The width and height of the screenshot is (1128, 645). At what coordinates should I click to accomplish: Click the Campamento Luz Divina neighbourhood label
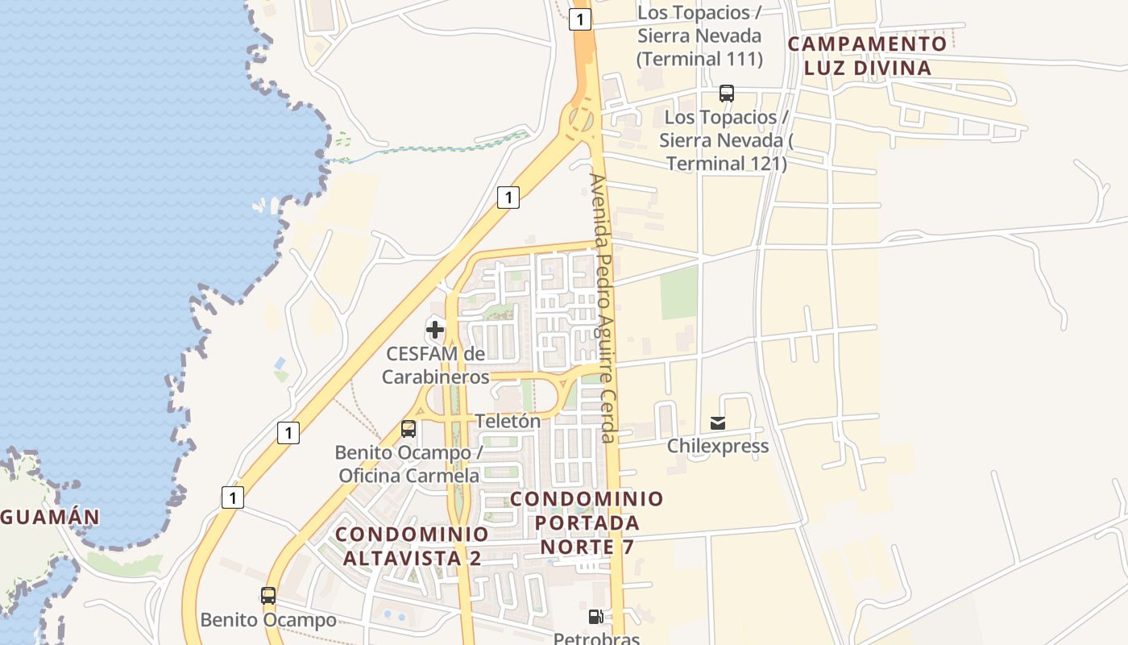(867, 56)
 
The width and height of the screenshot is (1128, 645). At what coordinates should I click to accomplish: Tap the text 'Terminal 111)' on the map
(699, 59)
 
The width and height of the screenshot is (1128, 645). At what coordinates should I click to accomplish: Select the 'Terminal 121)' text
(726, 164)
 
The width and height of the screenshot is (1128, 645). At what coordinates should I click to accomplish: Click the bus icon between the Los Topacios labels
(727, 94)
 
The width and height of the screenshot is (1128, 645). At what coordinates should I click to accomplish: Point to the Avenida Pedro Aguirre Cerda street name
(603, 307)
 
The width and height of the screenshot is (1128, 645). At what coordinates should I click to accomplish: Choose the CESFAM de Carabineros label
(435, 365)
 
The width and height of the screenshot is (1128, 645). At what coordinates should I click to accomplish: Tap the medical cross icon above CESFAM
(435, 329)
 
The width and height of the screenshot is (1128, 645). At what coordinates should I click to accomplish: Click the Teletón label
(508, 421)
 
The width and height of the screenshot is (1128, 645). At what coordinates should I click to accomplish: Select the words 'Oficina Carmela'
(408, 476)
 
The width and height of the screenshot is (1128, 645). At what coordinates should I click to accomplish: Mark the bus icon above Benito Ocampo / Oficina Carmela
(408, 429)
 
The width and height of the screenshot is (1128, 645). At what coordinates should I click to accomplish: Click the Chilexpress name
(718, 446)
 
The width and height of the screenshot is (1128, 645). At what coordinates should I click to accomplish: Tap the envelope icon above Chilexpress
(718, 422)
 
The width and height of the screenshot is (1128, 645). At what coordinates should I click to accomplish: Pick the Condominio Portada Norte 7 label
(587, 522)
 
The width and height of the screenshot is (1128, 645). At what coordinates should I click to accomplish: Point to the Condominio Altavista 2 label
(412, 546)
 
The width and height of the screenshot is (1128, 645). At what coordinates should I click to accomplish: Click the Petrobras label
(596, 639)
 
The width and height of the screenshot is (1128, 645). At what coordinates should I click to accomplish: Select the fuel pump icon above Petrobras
(596, 617)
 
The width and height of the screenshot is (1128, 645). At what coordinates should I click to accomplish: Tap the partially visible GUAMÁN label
(50, 517)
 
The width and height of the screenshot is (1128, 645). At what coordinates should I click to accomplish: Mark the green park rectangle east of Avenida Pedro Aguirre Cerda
(679, 293)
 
